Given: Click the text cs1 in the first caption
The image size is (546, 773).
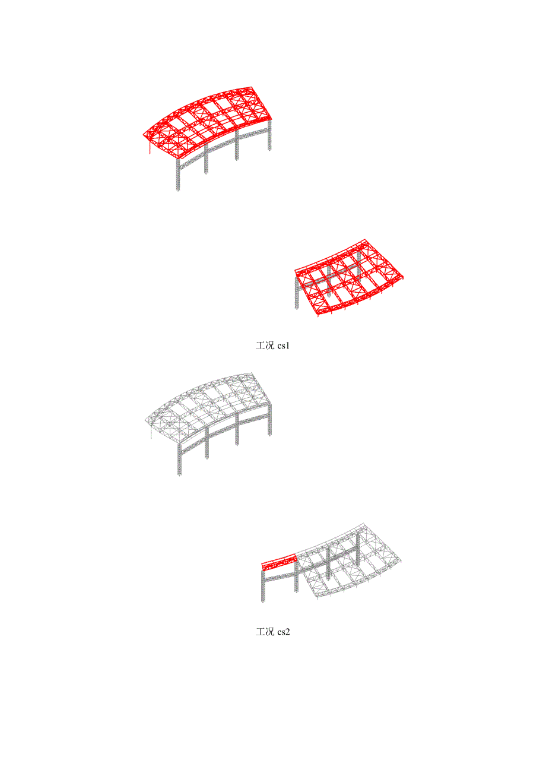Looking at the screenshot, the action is pyautogui.click(x=283, y=346).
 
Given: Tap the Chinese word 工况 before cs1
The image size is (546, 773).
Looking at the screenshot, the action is pyautogui.click(x=265, y=346).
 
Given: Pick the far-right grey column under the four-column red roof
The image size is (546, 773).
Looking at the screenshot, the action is pyautogui.click(x=269, y=135).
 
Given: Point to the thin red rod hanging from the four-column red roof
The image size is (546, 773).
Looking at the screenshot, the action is pyautogui.click(x=150, y=146).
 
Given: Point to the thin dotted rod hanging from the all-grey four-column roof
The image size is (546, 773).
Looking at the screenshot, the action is pyautogui.click(x=151, y=432).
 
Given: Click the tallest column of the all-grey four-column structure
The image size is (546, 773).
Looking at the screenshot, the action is pyautogui.click(x=179, y=460).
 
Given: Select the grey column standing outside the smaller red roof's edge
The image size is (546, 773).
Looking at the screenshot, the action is pyautogui.click(x=297, y=294).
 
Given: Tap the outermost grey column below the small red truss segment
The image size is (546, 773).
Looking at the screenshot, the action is pyautogui.click(x=263, y=586).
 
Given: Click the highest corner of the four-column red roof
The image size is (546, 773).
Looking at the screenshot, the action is pyautogui.click(x=251, y=87).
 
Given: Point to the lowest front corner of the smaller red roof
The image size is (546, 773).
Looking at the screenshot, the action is pyautogui.click(x=318, y=314).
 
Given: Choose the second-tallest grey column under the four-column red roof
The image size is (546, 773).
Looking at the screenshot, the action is pyautogui.click(x=206, y=158).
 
